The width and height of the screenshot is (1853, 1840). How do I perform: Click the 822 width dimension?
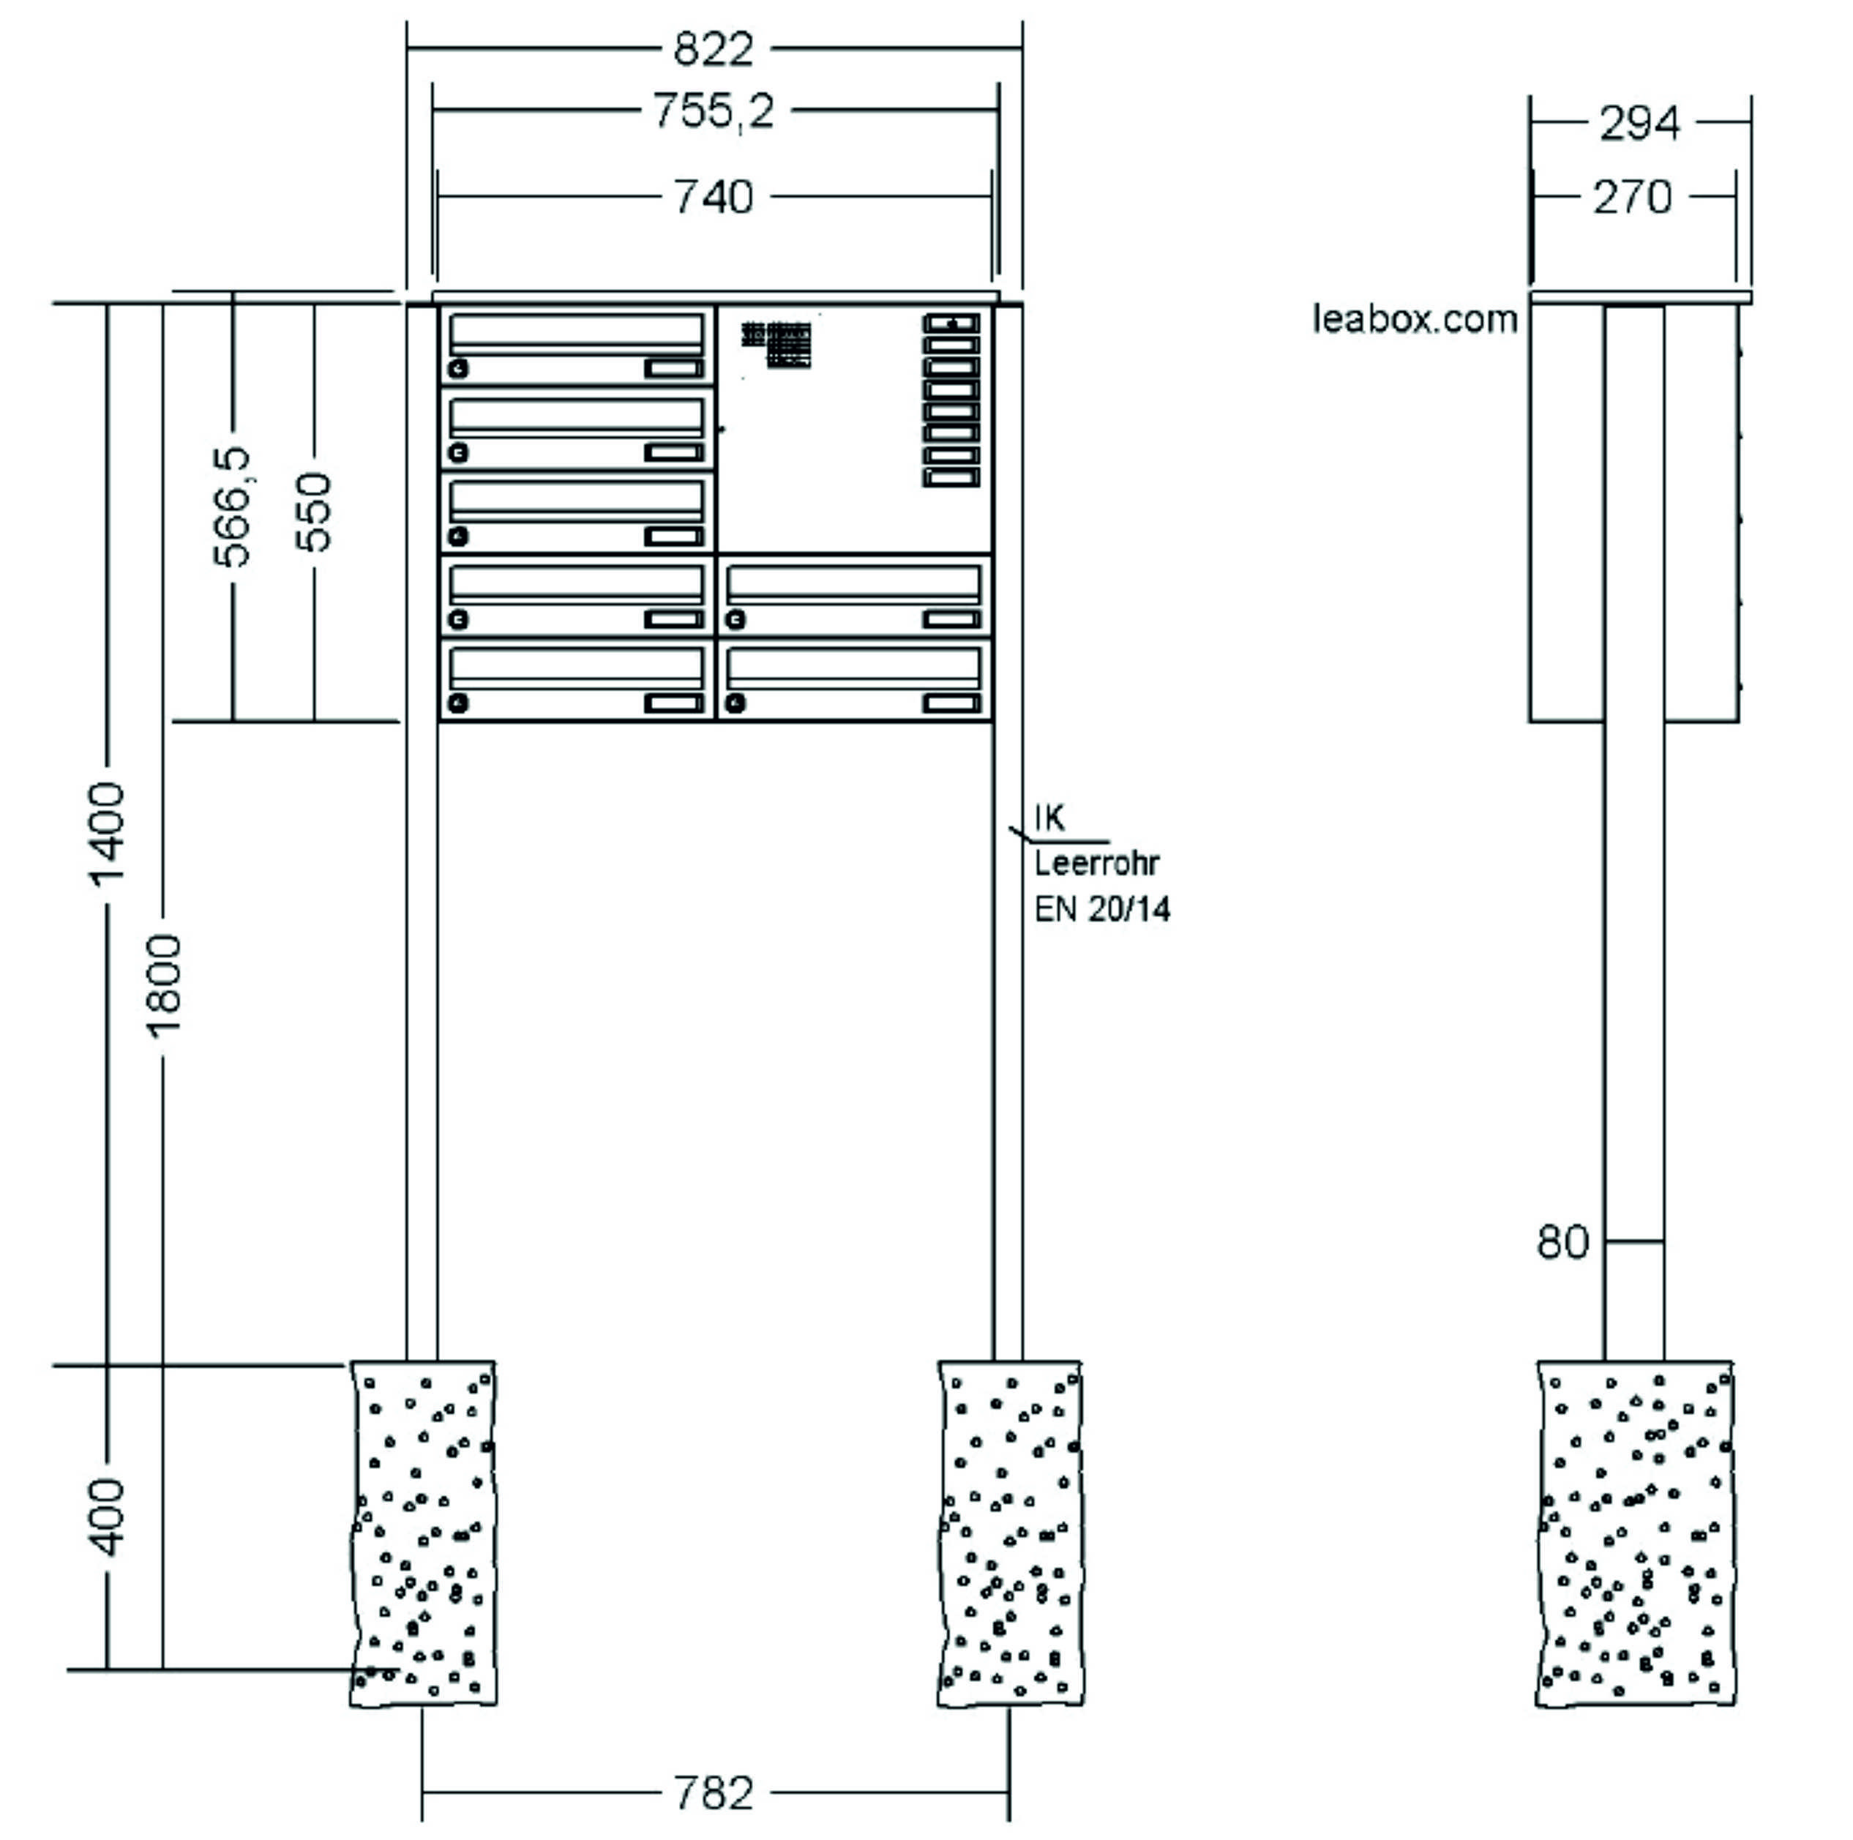[x=714, y=49]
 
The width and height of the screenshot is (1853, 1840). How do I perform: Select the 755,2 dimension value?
[x=714, y=111]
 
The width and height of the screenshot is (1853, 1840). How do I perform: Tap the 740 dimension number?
[x=714, y=198]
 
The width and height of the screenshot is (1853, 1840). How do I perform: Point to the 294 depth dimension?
[x=1639, y=123]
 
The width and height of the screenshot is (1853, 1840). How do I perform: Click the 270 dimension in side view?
[x=1633, y=198]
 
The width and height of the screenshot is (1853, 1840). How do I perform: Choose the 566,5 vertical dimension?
[x=232, y=506]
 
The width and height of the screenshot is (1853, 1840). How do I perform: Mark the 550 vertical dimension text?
[x=314, y=512]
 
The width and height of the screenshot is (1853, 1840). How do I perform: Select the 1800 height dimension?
[x=163, y=986]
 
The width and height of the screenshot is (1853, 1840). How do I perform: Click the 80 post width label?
[x=1562, y=1242]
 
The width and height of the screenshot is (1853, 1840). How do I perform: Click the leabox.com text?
[x=1415, y=318]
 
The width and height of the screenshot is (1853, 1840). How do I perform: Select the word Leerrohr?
[x=1097, y=864]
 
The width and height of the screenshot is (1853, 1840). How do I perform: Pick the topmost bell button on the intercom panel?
[x=951, y=324]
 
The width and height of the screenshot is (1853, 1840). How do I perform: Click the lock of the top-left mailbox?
[x=458, y=368]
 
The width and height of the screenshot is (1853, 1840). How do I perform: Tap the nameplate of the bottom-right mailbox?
[x=951, y=703]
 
